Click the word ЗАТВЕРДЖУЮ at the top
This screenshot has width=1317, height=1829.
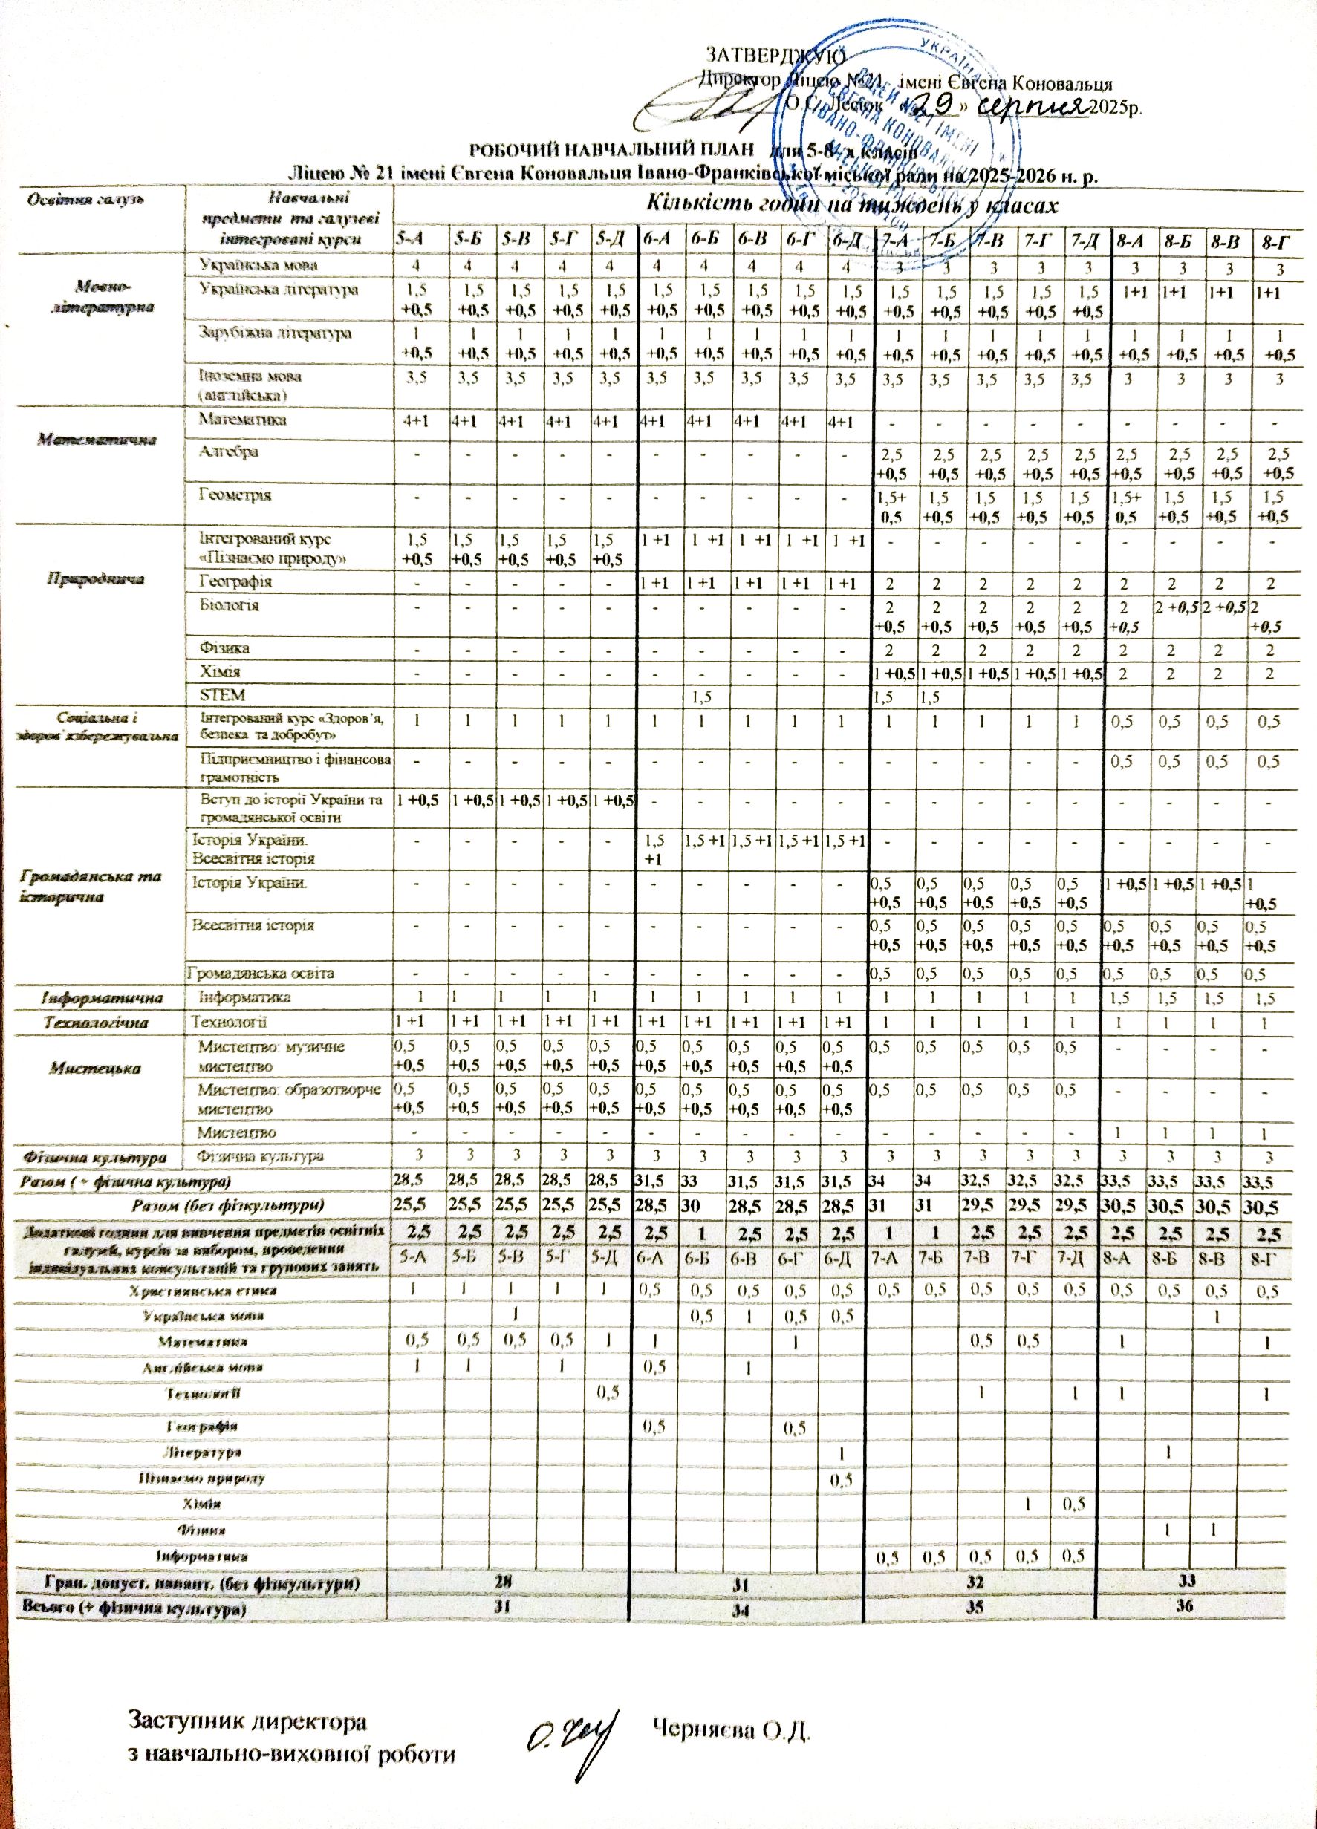pyautogui.click(x=775, y=56)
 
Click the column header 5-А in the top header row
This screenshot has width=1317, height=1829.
pyautogui.click(x=412, y=238)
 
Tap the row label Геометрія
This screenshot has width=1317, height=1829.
pyautogui.click(x=235, y=495)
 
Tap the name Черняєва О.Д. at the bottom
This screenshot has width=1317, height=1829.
pyautogui.click(x=730, y=1727)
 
